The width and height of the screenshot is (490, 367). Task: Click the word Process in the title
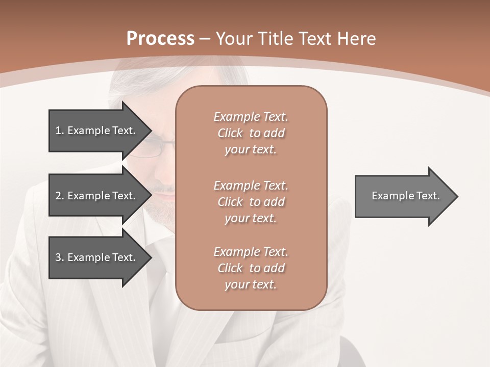click(160, 39)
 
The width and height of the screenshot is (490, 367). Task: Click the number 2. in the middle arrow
click(59, 196)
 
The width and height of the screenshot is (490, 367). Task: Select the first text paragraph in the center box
click(251, 133)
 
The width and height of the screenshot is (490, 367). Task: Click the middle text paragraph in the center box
click(251, 202)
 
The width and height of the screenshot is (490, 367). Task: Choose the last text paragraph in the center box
click(251, 268)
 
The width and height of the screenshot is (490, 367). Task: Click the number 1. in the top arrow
click(59, 130)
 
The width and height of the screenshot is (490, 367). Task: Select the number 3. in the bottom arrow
click(59, 257)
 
